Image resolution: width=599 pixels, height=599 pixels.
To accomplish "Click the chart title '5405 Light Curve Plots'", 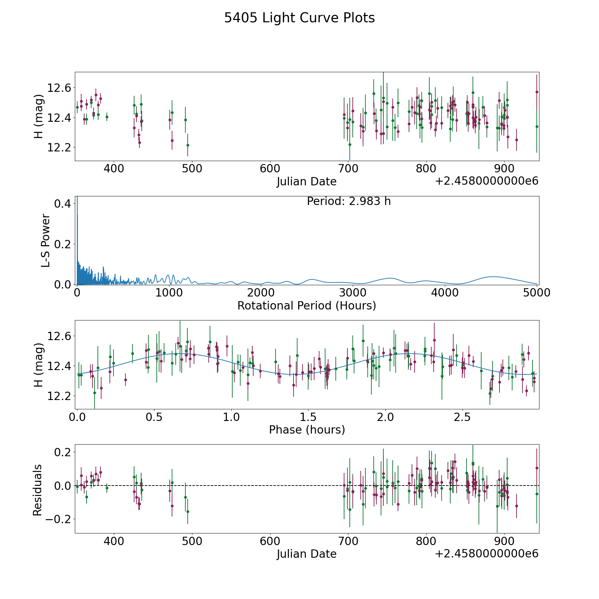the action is pyautogui.click(x=299, y=18).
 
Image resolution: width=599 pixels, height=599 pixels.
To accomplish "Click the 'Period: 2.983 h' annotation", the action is pyautogui.click(x=349, y=201).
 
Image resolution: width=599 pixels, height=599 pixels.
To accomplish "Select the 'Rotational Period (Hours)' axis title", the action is pyautogui.click(x=307, y=305).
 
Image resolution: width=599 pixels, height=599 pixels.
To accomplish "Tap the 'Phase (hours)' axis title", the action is pyautogui.click(x=307, y=430).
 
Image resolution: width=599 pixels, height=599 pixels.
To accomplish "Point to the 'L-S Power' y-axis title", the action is pyautogui.click(x=46, y=240).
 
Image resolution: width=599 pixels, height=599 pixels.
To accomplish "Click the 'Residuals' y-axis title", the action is pyautogui.click(x=38, y=490).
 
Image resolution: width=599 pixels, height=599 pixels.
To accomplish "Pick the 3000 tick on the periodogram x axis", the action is pyautogui.click(x=353, y=293).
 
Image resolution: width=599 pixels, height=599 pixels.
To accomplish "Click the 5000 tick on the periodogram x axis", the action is pyautogui.click(x=537, y=293).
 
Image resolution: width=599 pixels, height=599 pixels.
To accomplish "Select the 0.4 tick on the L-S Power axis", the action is pyautogui.click(x=63, y=204).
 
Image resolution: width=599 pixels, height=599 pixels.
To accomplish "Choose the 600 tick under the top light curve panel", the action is pyautogui.click(x=270, y=168).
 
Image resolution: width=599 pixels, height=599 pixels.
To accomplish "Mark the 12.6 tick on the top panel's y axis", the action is pyautogui.click(x=59, y=88).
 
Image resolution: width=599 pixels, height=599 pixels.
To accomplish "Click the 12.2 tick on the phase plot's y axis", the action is pyautogui.click(x=59, y=396).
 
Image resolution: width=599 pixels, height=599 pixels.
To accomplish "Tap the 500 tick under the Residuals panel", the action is pyautogui.click(x=192, y=541).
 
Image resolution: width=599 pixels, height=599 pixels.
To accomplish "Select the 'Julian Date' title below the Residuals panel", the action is pyautogui.click(x=307, y=554).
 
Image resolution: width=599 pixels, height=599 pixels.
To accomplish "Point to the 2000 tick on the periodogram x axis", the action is pyautogui.click(x=261, y=293).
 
